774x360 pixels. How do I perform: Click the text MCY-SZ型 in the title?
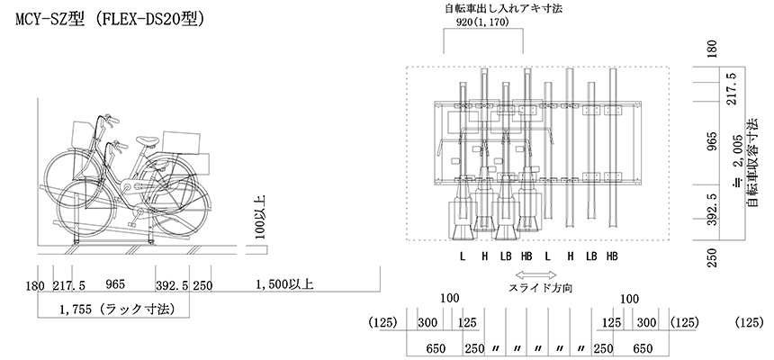(49, 19)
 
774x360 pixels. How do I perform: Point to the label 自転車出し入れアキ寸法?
(504, 8)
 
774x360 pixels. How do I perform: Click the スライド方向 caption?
(540, 288)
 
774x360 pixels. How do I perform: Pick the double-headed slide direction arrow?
(536, 275)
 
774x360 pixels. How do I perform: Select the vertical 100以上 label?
(260, 217)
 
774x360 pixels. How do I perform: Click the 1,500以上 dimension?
(284, 284)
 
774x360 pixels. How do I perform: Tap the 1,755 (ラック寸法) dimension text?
(117, 310)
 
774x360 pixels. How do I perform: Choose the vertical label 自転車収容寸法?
(752, 163)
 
